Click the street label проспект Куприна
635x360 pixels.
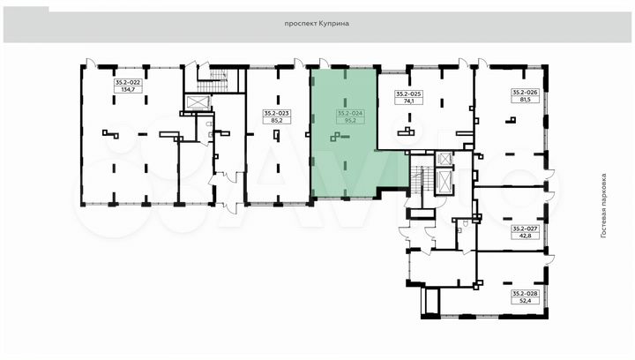(x=317, y=24)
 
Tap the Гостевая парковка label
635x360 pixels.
(x=603, y=206)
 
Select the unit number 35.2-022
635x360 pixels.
(x=128, y=82)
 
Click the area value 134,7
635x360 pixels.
(x=128, y=89)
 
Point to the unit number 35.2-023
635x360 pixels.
(x=277, y=114)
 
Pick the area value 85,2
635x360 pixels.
(x=277, y=120)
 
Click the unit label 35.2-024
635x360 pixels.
(x=351, y=114)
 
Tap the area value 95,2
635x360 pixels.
(x=351, y=120)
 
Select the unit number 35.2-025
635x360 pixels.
(x=408, y=94)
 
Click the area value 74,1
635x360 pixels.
(x=408, y=101)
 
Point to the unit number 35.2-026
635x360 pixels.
(x=526, y=93)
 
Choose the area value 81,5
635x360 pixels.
(x=526, y=99)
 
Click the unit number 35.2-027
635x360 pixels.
(x=526, y=229)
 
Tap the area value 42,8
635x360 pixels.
(x=526, y=236)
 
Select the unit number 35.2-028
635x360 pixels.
(x=526, y=294)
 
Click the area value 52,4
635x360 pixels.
(x=526, y=301)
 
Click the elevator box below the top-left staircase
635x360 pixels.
(x=198, y=102)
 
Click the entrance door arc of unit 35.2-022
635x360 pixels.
(x=92, y=63)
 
